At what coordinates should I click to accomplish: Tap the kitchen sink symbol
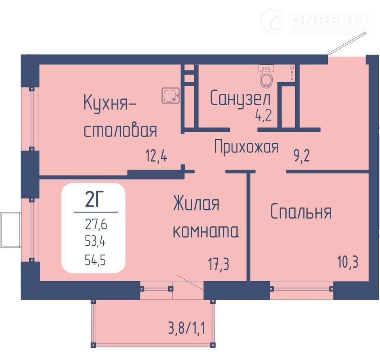coord(171,95)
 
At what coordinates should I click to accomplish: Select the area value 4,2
coord(263,115)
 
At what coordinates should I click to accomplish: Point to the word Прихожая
coord(246,146)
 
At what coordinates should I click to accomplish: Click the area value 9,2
coord(302,156)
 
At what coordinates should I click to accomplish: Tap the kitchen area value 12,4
coord(156,156)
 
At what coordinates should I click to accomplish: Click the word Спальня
coord(301,212)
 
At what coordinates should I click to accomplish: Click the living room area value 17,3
coord(218,264)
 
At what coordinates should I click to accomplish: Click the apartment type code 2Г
coord(94,199)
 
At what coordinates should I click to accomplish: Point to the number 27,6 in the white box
coord(96,224)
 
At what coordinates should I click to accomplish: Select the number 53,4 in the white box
coord(95,241)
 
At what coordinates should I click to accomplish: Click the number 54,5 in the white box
coord(95,260)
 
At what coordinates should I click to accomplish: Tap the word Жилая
coord(196,203)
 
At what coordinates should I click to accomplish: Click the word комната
coord(205,231)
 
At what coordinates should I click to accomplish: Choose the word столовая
coord(120,131)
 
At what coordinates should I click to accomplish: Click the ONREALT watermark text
coord(329,20)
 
